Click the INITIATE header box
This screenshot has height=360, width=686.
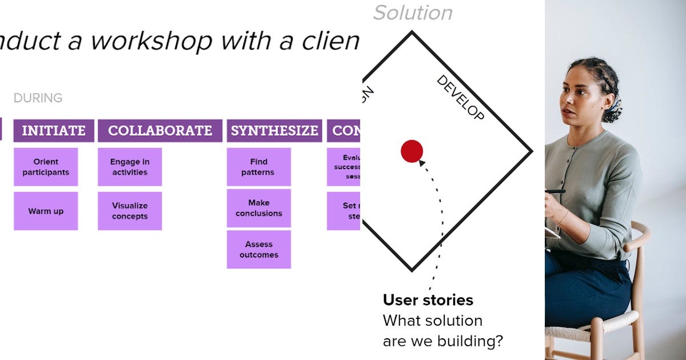coord(53,131)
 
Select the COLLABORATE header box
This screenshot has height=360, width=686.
coord(159,131)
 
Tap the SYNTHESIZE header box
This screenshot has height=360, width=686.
coord(274,131)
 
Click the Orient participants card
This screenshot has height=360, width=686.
coord(46,167)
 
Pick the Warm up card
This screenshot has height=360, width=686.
coord(46,211)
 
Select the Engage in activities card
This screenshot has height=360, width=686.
coord(130,167)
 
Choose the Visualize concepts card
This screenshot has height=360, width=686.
coord(130,211)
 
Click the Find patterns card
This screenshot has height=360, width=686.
coord(258,167)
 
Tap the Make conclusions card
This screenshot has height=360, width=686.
coord(258,208)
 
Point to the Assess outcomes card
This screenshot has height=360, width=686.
coord(258,250)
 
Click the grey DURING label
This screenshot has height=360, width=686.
coord(38,98)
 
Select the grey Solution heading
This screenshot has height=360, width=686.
coord(413,13)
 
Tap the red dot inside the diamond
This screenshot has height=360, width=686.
coord(412,151)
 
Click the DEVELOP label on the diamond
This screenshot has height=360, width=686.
coord(461,98)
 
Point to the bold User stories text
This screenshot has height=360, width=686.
coord(428,300)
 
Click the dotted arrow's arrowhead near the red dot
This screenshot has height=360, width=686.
coord(422,163)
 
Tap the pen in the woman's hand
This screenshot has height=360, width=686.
coord(555,191)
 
